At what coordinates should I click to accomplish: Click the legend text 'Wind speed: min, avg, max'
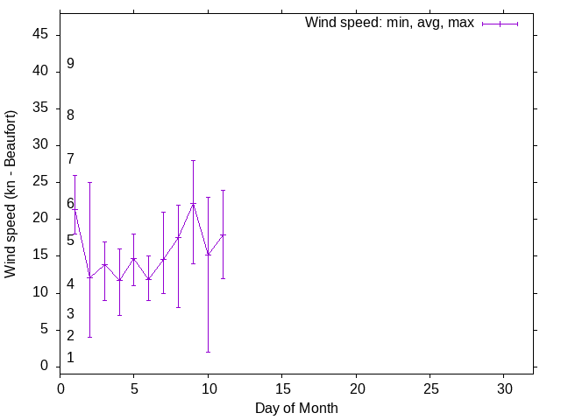point(389,23)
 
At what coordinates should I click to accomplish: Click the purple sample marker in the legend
point(501,24)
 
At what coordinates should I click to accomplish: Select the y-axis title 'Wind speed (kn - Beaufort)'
point(11,194)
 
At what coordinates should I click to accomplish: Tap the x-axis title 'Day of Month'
point(296,408)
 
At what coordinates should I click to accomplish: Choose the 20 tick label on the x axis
point(356,388)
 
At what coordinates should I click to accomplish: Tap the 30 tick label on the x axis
point(504,388)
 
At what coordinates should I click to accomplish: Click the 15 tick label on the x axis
point(282,388)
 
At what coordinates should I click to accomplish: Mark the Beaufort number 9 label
point(70,63)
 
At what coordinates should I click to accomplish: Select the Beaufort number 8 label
point(70,115)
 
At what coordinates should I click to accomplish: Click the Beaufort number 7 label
point(70,158)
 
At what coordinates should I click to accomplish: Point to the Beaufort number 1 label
point(70,357)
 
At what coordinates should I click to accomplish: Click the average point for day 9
point(193,204)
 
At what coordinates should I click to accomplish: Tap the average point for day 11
point(223,234)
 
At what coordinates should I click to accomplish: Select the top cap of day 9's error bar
point(193,160)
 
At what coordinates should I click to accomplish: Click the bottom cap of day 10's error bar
point(208,352)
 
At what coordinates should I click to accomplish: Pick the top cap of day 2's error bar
point(89,182)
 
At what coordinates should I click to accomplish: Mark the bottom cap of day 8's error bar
point(178,307)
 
